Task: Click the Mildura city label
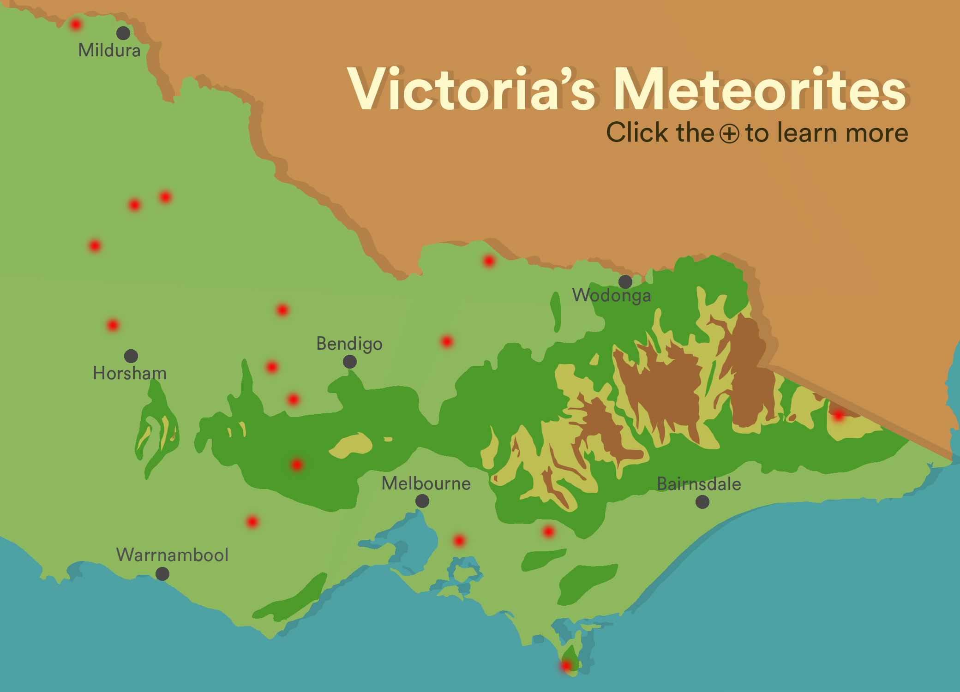(x=109, y=50)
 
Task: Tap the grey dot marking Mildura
(x=123, y=33)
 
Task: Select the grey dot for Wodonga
(x=625, y=281)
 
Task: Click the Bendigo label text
(x=349, y=344)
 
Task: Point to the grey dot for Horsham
(x=131, y=356)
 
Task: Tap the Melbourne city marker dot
(x=422, y=501)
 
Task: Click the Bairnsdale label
(x=699, y=484)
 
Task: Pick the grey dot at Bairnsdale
(x=702, y=502)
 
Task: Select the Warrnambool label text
(x=172, y=555)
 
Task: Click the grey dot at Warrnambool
(x=162, y=574)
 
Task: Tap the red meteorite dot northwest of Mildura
(x=76, y=24)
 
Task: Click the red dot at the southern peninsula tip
(x=566, y=666)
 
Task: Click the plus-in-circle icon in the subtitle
(x=730, y=134)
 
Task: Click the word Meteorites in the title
(x=761, y=89)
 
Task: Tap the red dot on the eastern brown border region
(x=838, y=415)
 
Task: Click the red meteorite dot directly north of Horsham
(x=113, y=325)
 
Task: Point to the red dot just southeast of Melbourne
(x=459, y=540)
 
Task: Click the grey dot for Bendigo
(x=350, y=362)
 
